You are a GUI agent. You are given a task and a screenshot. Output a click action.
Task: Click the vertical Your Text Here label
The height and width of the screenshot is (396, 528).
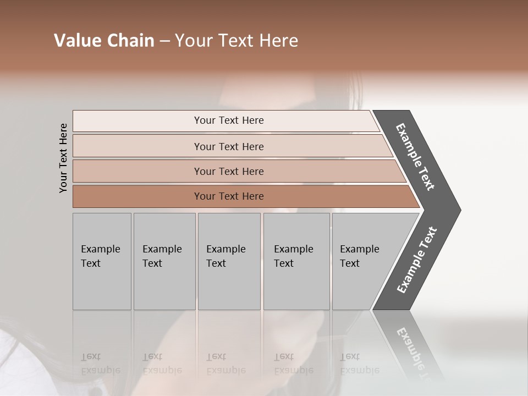pyautogui.click(x=63, y=158)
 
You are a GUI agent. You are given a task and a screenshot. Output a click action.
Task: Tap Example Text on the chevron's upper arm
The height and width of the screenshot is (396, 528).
pyautogui.click(x=415, y=157)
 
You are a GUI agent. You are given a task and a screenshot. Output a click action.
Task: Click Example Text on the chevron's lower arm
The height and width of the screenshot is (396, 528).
pyautogui.click(x=416, y=260)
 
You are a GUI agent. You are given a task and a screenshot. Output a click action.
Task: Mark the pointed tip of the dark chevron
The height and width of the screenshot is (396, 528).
pyautogui.click(x=459, y=210)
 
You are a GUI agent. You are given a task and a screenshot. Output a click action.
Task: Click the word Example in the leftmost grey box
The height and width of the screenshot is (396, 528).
pyautogui.click(x=100, y=249)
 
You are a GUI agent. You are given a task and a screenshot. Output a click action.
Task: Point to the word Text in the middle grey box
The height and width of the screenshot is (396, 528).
pyautogui.click(x=216, y=263)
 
